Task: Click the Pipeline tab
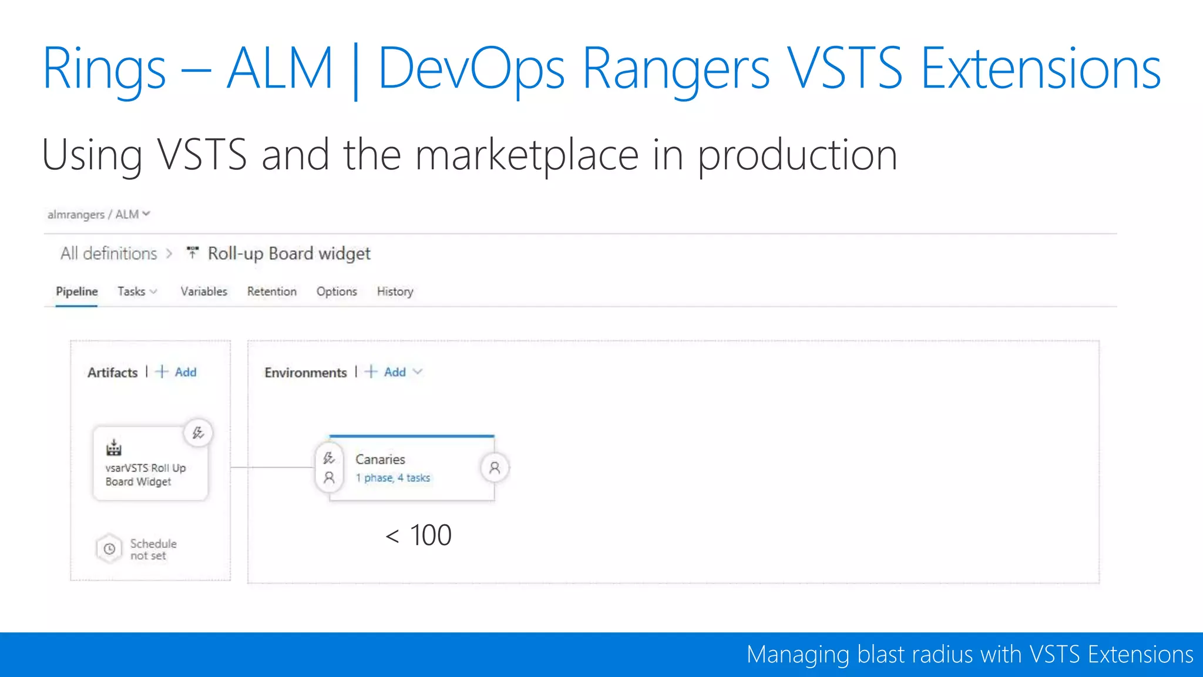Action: click(x=76, y=291)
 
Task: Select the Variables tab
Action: click(x=203, y=291)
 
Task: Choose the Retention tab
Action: click(x=271, y=291)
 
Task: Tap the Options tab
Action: click(x=337, y=291)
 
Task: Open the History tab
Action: click(x=395, y=291)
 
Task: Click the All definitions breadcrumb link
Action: click(x=109, y=253)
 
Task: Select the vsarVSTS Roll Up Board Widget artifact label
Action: click(x=145, y=475)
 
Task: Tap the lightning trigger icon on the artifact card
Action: click(x=198, y=433)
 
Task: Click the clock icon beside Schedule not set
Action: click(x=109, y=549)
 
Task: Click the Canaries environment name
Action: click(x=380, y=459)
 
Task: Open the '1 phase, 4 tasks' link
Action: click(x=392, y=478)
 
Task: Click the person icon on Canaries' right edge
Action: click(x=495, y=468)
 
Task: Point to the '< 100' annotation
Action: click(x=418, y=535)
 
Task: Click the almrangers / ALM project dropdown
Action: click(x=99, y=215)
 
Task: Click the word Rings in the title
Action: click(x=104, y=69)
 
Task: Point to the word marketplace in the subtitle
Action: click(x=526, y=155)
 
